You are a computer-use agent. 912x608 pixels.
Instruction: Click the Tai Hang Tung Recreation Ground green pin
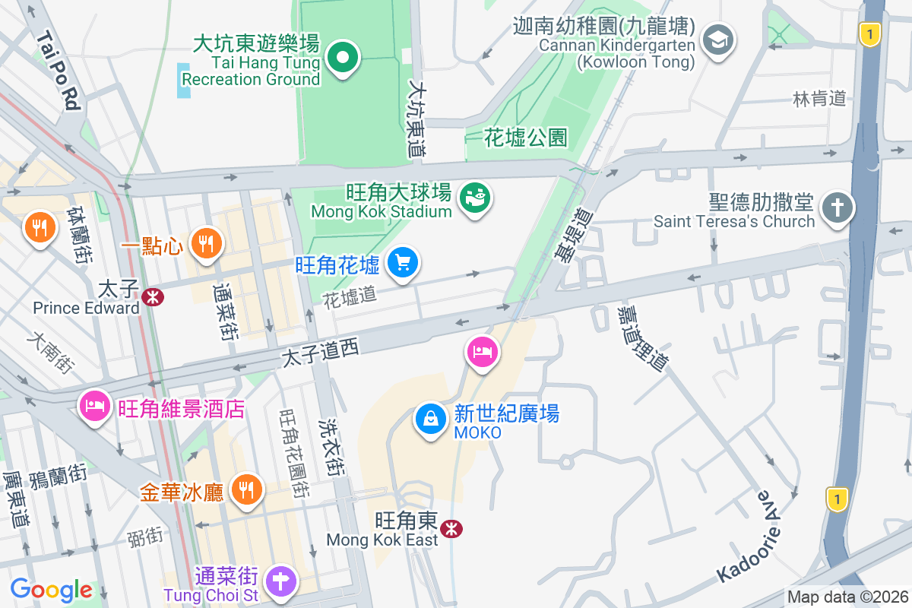[343, 57]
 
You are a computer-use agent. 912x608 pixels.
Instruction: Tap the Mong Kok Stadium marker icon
[476, 199]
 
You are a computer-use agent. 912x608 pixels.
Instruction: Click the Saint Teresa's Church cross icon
[838, 208]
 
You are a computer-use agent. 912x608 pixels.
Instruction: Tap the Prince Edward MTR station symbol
[152, 297]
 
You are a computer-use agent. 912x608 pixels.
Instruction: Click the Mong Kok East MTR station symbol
[453, 527]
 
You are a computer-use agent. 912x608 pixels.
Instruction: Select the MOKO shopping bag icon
[431, 420]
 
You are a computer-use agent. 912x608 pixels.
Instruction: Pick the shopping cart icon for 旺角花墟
[402, 263]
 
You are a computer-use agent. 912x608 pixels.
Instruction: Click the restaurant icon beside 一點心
[204, 244]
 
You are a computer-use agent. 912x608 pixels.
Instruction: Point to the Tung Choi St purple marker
[280, 581]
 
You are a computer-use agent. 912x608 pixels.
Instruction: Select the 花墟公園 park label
[526, 138]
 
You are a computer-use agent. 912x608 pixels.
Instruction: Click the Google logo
[51, 590]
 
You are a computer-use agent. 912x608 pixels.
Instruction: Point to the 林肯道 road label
[819, 98]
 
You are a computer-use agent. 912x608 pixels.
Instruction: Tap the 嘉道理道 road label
[642, 338]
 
